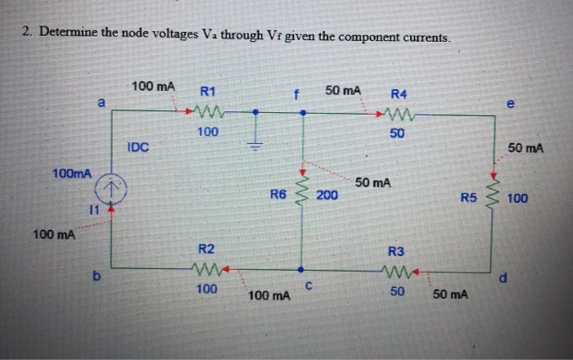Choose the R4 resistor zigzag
tap(397, 113)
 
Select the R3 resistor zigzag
tap(396, 268)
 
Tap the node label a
tap(102, 102)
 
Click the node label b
tap(101, 278)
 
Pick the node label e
tap(511, 104)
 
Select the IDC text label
tap(138, 146)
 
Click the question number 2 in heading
tap(26, 34)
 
